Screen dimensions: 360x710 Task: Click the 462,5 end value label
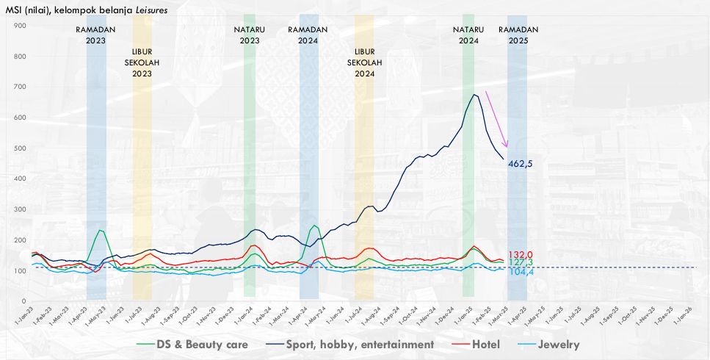pyautogui.click(x=523, y=163)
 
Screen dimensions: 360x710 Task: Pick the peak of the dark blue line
pyautogui.click(x=475, y=95)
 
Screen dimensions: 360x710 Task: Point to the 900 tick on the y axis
pyautogui.click(x=21, y=26)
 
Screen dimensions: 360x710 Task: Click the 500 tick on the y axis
pyautogui.click(x=21, y=148)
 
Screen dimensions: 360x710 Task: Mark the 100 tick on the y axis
pyautogui.click(x=21, y=271)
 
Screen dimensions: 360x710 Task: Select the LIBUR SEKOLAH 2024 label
pyautogui.click(x=364, y=63)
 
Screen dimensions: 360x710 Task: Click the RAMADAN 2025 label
pyautogui.click(x=518, y=35)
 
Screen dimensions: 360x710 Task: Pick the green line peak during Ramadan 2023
pyautogui.click(x=100, y=230)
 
